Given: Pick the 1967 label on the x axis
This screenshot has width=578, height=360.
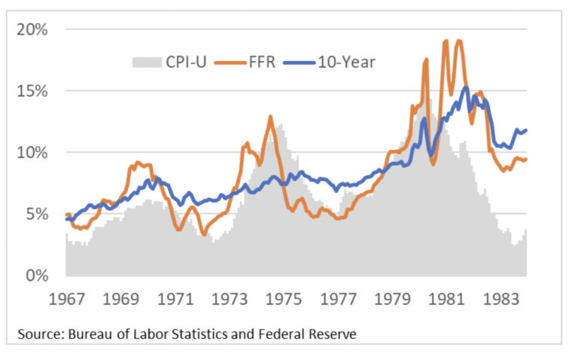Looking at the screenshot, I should point(67,298).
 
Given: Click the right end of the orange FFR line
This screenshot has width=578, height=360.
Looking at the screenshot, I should point(526,159).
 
